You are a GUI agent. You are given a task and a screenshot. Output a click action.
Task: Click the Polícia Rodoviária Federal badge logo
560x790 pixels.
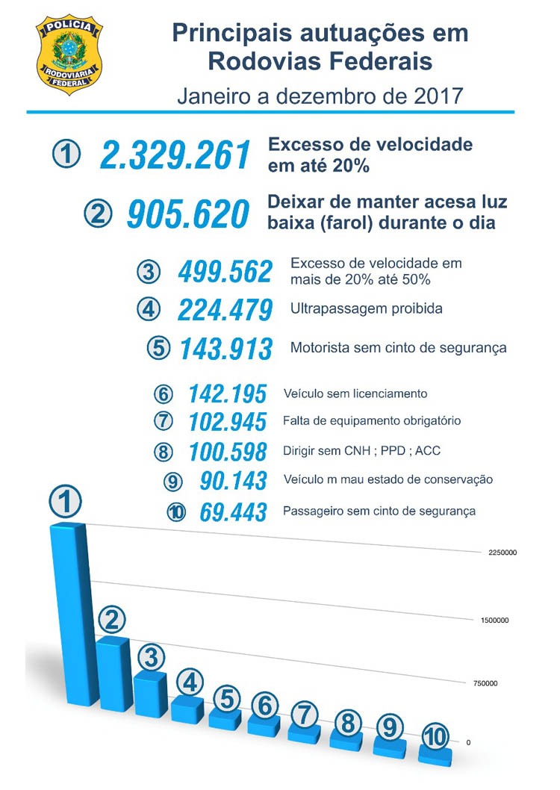[69, 54]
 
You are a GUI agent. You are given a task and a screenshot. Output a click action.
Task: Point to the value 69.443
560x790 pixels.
[233, 512]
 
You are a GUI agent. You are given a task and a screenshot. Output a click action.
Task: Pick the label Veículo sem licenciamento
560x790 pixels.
[355, 394]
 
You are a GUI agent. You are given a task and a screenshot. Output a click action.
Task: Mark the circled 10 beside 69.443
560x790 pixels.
[178, 513]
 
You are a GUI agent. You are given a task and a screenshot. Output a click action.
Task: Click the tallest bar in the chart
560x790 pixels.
[73, 612]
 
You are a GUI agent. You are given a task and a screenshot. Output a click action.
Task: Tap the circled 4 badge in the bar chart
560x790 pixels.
[190, 682]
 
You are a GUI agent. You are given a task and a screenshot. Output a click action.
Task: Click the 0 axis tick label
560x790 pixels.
[468, 741]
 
